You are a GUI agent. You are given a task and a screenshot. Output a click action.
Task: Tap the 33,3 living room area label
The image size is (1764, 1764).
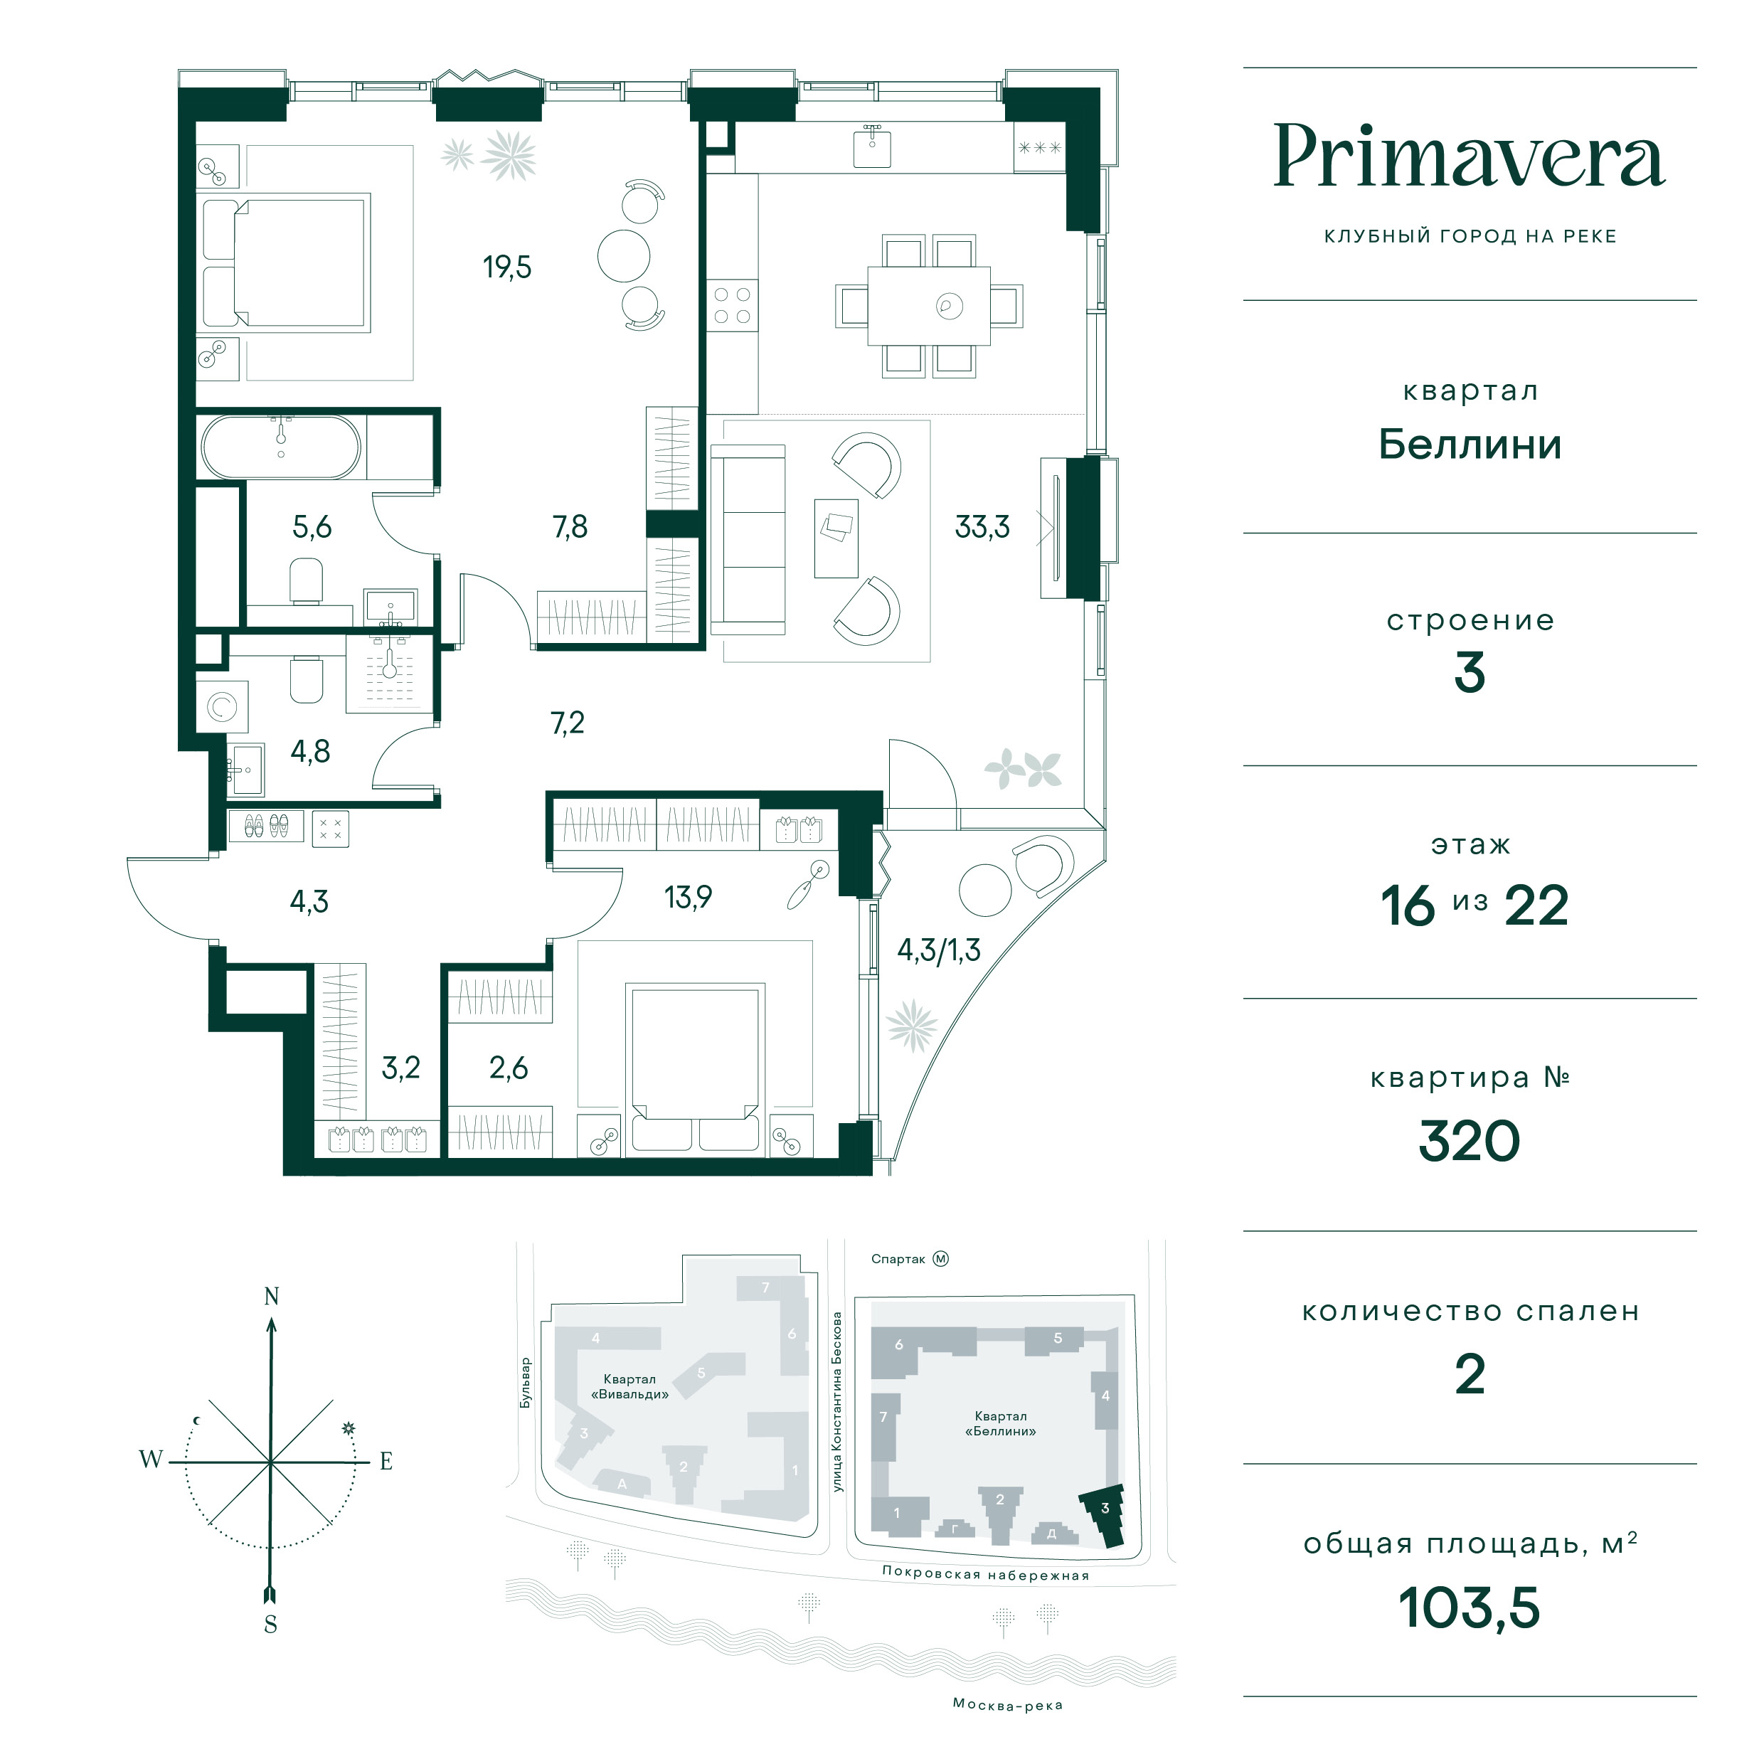coord(982,527)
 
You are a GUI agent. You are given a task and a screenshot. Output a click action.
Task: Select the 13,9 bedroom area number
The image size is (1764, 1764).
coord(688,898)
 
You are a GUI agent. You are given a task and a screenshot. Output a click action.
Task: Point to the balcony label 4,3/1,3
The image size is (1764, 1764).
coord(939,950)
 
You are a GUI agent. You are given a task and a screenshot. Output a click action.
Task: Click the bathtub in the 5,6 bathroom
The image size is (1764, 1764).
coord(281,447)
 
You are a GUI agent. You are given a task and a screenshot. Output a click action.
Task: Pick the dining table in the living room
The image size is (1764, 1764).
coord(928,305)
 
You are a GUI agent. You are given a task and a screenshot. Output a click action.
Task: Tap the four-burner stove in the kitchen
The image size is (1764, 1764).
coord(732,306)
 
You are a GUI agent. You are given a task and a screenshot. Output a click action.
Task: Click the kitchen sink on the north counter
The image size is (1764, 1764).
coord(872,146)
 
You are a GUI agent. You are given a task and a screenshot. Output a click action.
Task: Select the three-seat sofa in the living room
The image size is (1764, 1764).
coord(748,540)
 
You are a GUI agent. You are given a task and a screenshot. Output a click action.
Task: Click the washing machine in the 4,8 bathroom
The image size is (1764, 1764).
coord(222,707)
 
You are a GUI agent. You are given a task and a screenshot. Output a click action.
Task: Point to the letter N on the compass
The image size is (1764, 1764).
coord(271,1297)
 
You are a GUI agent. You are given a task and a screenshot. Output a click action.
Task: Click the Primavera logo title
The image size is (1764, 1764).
coord(1469,158)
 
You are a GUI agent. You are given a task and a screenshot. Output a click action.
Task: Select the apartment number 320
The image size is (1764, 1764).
coord(1469,1142)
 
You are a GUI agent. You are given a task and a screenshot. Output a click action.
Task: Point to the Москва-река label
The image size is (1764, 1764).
coord(1007,1705)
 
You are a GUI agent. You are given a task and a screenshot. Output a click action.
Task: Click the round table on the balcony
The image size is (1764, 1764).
coord(985,889)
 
